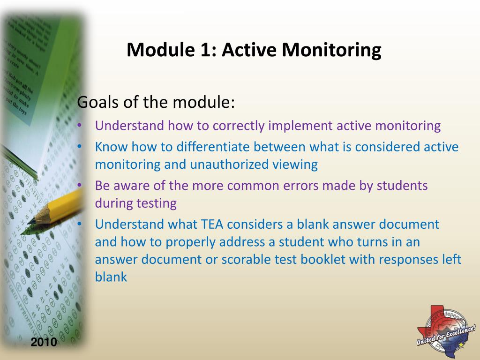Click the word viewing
(x=296, y=165)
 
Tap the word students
(x=403, y=186)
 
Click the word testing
(x=156, y=203)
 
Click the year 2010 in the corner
(x=44, y=342)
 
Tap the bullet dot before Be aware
(x=80, y=186)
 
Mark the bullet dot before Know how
(x=80, y=147)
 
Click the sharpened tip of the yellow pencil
(x=30, y=221)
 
